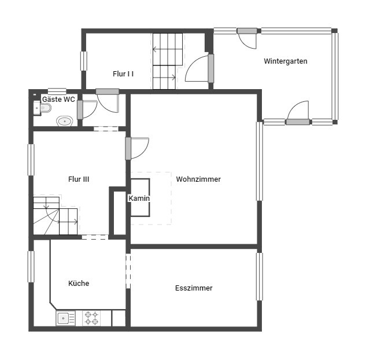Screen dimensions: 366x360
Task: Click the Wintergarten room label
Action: pyautogui.click(x=285, y=61)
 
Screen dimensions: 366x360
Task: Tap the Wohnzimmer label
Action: pyautogui.click(x=198, y=179)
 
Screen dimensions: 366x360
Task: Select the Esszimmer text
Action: pyautogui.click(x=194, y=288)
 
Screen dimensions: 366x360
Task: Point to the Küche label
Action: pyautogui.click(x=79, y=283)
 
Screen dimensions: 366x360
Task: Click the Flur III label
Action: pyautogui.click(x=79, y=179)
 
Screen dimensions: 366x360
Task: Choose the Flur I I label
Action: pyautogui.click(x=123, y=74)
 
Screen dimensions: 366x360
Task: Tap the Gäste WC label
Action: pyautogui.click(x=58, y=100)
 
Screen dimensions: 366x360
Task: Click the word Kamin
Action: pyautogui.click(x=139, y=199)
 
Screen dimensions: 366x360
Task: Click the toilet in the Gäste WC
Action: pyautogui.click(x=42, y=108)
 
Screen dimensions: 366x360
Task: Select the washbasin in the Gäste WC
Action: pyautogui.click(x=65, y=121)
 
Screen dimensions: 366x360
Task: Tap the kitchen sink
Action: pyautogui.click(x=65, y=318)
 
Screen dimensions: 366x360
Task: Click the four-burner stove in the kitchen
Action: pyautogui.click(x=91, y=318)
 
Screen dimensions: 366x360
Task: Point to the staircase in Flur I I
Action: pyautogui.click(x=168, y=61)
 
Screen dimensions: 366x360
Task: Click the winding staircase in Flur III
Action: pyautogui.click(x=56, y=216)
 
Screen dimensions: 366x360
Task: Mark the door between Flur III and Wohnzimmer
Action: pyautogui.click(x=137, y=148)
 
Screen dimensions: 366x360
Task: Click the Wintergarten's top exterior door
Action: pyautogui.click(x=247, y=38)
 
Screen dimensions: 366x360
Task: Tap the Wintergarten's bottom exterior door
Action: pyautogui.click(x=298, y=113)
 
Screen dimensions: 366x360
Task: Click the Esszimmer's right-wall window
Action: pyautogui.click(x=260, y=277)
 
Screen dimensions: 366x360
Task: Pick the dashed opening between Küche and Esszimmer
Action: pyautogui.click(x=128, y=271)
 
